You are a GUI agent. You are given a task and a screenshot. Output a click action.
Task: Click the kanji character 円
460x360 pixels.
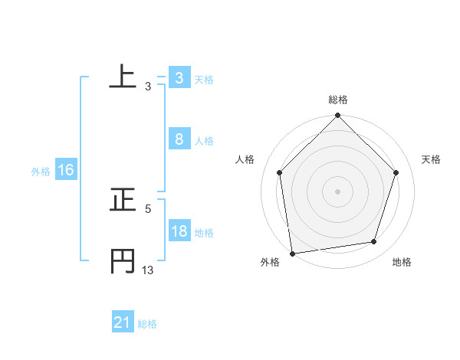pyautogui.click(x=123, y=260)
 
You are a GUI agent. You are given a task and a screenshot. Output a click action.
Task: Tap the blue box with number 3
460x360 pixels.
pyautogui.click(x=179, y=78)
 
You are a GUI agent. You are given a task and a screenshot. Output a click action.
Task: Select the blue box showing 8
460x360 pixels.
pyautogui.click(x=179, y=139)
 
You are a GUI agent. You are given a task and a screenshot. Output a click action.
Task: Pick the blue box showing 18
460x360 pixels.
pyautogui.click(x=179, y=231)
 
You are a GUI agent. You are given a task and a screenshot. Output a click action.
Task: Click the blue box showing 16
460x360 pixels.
pyautogui.click(x=65, y=170)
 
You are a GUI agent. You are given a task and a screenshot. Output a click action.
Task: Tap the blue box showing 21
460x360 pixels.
pyautogui.click(x=122, y=323)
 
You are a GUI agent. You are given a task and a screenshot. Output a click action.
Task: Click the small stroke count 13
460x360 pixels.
pyautogui.click(x=148, y=270)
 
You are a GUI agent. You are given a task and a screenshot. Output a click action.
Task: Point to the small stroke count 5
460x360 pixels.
pyautogui.click(x=148, y=208)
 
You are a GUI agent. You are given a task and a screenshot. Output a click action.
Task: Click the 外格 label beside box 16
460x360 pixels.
pyautogui.click(x=41, y=172)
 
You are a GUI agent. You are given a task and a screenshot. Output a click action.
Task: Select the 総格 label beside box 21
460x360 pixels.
pyautogui.click(x=147, y=324)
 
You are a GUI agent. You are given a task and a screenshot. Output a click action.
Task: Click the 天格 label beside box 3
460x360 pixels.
pyautogui.click(x=204, y=80)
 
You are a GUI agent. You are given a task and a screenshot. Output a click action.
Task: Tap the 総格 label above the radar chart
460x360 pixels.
pyautogui.click(x=338, y=100)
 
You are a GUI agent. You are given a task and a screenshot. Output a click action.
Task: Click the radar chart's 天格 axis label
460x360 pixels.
pyautogui.click(x=431, y=159)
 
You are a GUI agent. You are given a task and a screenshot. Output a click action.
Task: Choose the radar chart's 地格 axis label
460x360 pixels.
pyautogui.click(x=402, y=263)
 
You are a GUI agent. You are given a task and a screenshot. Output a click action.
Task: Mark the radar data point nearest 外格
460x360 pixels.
pyautogui.click(x=292, y=253)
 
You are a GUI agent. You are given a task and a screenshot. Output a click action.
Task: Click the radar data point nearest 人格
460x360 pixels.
pyautogui.click(x=279, y=172)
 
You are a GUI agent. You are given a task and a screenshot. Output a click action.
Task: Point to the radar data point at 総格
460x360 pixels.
pyautogui.click(x=337, y=116)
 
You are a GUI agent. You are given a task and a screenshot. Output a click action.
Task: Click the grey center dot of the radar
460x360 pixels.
pyautogui.click(x=337, y=191)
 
